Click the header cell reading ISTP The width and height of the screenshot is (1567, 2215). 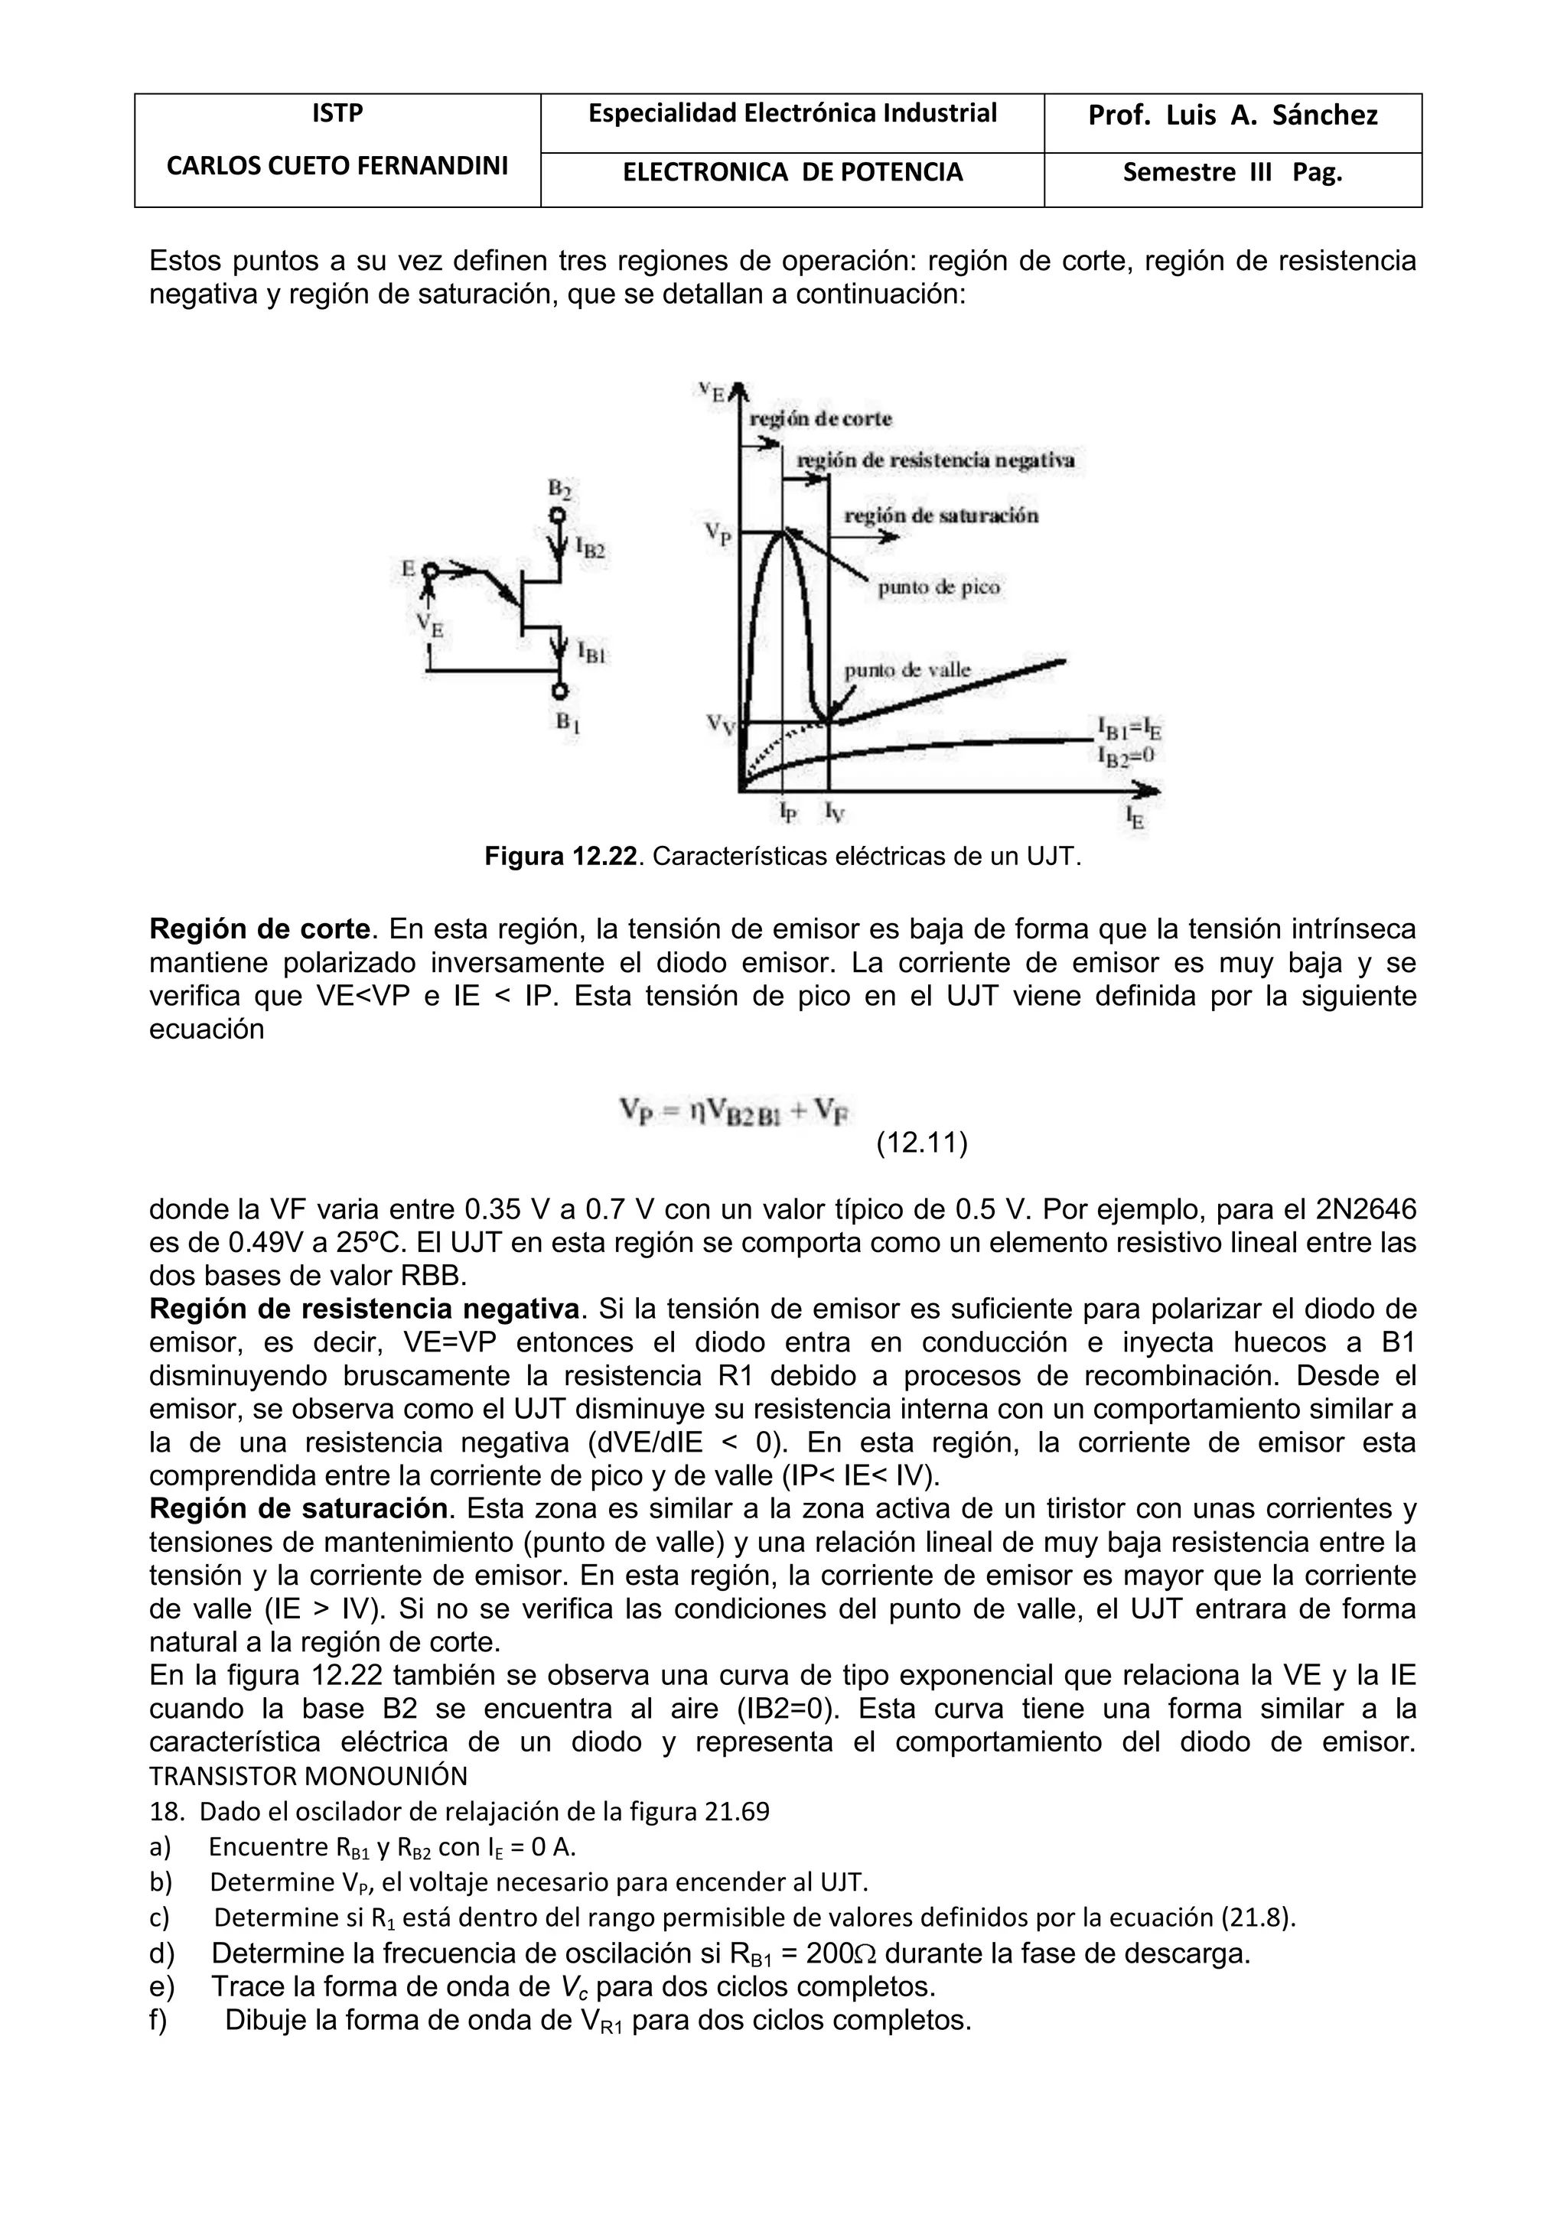point(337,114)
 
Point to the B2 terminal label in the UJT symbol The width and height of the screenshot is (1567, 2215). point(559,489)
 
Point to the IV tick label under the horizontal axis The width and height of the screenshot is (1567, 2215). point(834,813)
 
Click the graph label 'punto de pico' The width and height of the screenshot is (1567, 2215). point(938,587)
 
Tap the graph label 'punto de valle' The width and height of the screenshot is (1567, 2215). point(907,669)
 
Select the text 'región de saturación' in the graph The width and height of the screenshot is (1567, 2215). point(941,516)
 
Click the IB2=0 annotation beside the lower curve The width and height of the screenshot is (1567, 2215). point(1126,756)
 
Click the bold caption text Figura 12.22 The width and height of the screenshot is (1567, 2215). point(561,856)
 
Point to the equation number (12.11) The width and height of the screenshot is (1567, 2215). point(921,1143)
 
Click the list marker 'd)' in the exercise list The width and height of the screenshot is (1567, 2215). point(162,1954)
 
